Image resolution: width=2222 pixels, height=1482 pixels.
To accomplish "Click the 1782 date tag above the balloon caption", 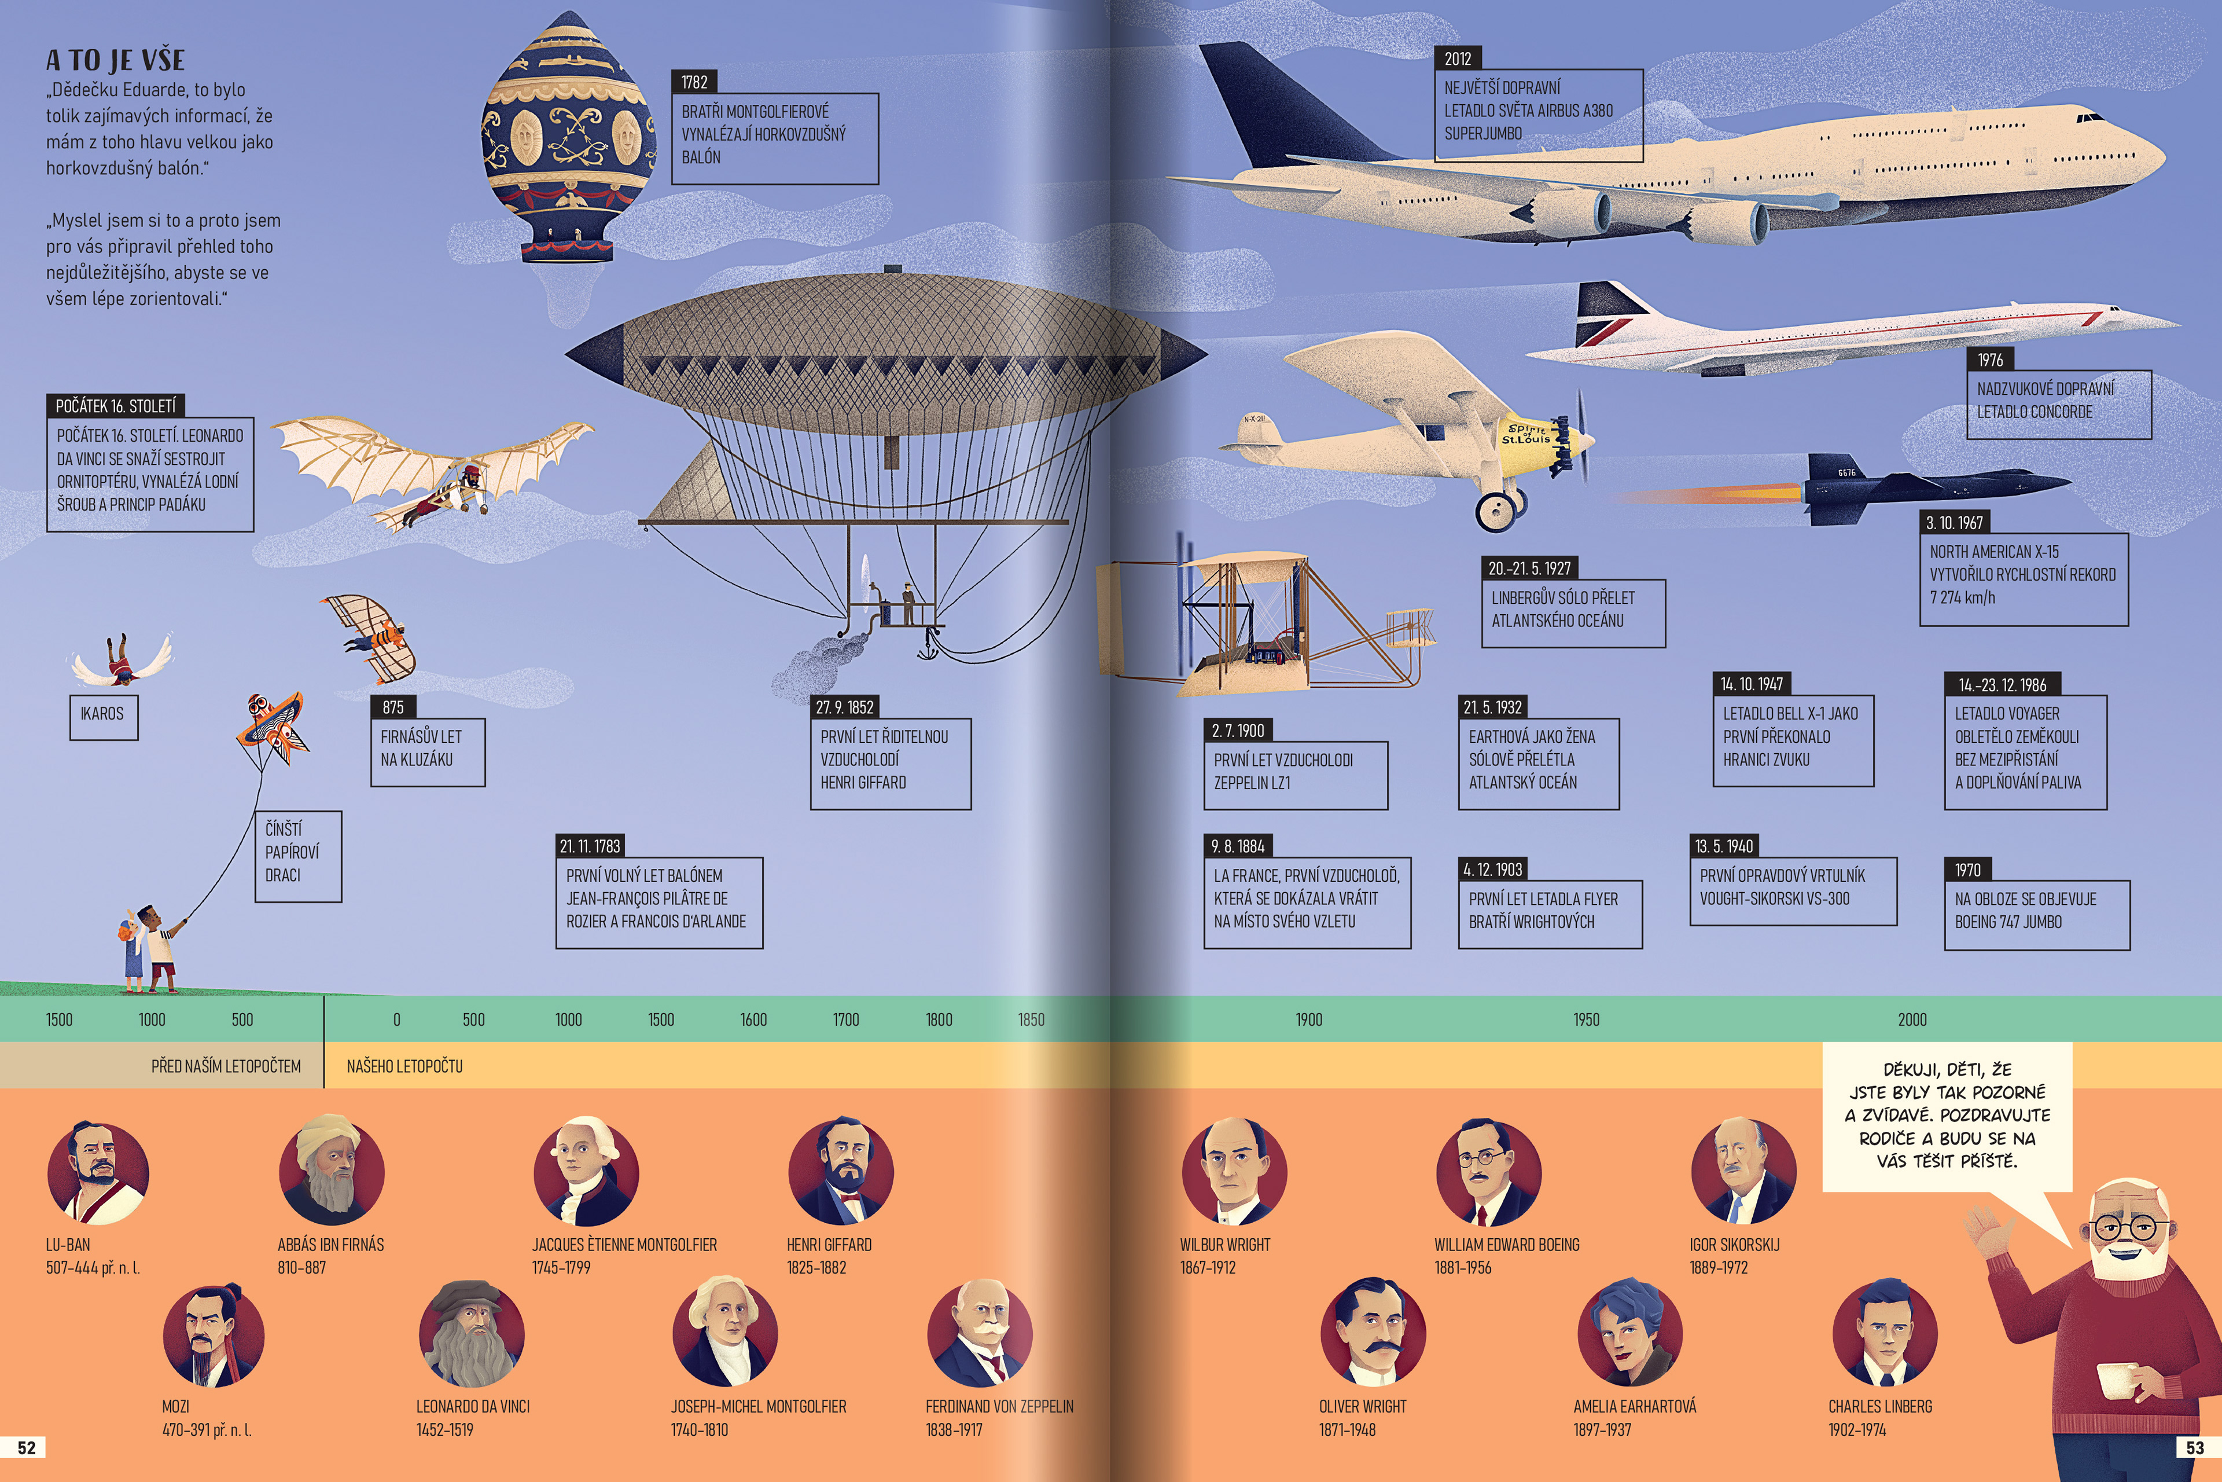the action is [694, 82].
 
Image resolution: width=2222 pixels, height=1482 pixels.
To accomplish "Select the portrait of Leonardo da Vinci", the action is [472, 1334].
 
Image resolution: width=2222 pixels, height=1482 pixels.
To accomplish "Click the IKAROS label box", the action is [103, 716].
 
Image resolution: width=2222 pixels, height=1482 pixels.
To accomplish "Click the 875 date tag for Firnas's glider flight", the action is [393, 707].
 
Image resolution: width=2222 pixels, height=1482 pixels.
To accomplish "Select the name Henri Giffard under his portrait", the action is [829, 1245].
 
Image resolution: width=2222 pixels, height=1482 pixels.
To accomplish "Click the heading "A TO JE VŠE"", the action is [115, 60].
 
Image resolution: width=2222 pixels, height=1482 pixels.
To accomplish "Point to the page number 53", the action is [2195, 1448].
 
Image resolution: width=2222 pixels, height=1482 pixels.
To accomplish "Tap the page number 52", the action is [27, 1448].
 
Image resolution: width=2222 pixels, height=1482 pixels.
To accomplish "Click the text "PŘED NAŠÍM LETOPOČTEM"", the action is [226, 1066].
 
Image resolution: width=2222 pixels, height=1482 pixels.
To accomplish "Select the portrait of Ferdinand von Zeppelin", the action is [980, 1334].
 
